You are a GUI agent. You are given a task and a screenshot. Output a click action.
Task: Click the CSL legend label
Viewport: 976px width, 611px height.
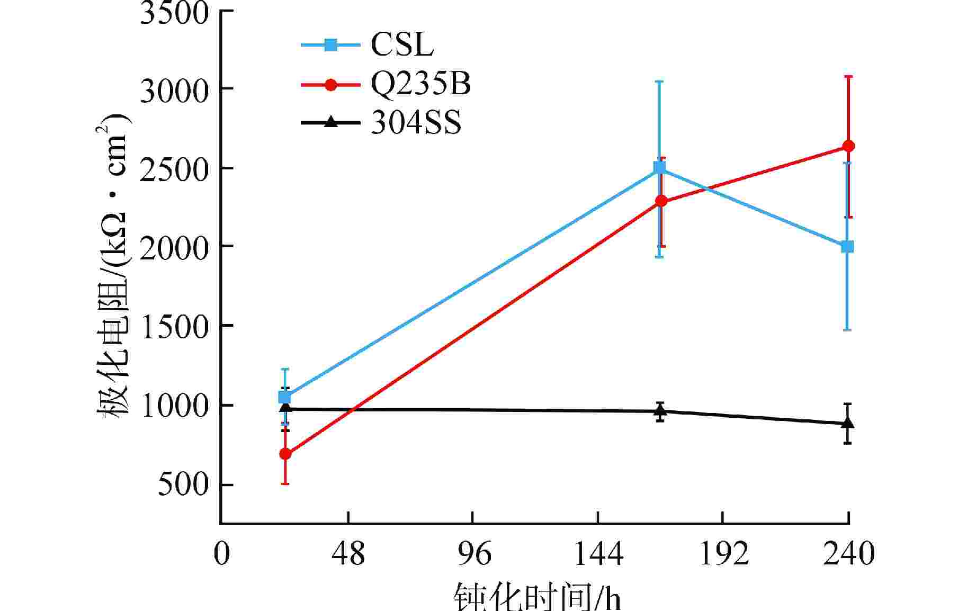tap(402, 45)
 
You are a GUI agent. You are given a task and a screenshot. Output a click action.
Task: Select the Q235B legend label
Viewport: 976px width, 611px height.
tap(420, 84)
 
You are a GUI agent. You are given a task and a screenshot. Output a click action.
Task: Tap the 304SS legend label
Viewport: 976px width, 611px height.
tap(416, 123)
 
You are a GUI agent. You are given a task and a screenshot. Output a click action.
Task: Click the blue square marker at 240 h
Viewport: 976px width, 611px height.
tap(847, 247)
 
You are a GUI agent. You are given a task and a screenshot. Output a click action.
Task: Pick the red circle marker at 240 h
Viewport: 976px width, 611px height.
tap(848, 146)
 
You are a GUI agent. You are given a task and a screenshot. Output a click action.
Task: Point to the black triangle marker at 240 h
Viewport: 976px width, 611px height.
tap(847, 423)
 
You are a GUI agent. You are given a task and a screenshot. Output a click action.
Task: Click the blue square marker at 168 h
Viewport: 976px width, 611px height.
tap(659, 168)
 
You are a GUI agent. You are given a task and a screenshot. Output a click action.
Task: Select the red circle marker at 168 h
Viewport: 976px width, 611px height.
tap(661, 201)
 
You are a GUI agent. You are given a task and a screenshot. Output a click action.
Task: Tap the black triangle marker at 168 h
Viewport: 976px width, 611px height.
tap(660, 410)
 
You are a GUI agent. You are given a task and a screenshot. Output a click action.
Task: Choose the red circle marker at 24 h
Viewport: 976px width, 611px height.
tap(285, 454)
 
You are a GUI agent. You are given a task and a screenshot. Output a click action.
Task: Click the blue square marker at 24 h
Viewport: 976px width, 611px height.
tap(285, 397)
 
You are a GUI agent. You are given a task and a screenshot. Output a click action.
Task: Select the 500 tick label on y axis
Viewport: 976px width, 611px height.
tap(183, 484)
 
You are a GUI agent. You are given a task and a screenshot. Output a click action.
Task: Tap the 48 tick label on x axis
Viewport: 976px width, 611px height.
tap(348, 554)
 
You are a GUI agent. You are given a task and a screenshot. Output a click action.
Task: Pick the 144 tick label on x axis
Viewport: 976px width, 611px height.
tap(598, 554)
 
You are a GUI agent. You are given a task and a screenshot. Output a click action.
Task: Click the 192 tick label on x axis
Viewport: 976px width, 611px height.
tap(723, 554)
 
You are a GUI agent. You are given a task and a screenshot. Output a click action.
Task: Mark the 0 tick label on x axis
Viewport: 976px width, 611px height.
tap(222, 554)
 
